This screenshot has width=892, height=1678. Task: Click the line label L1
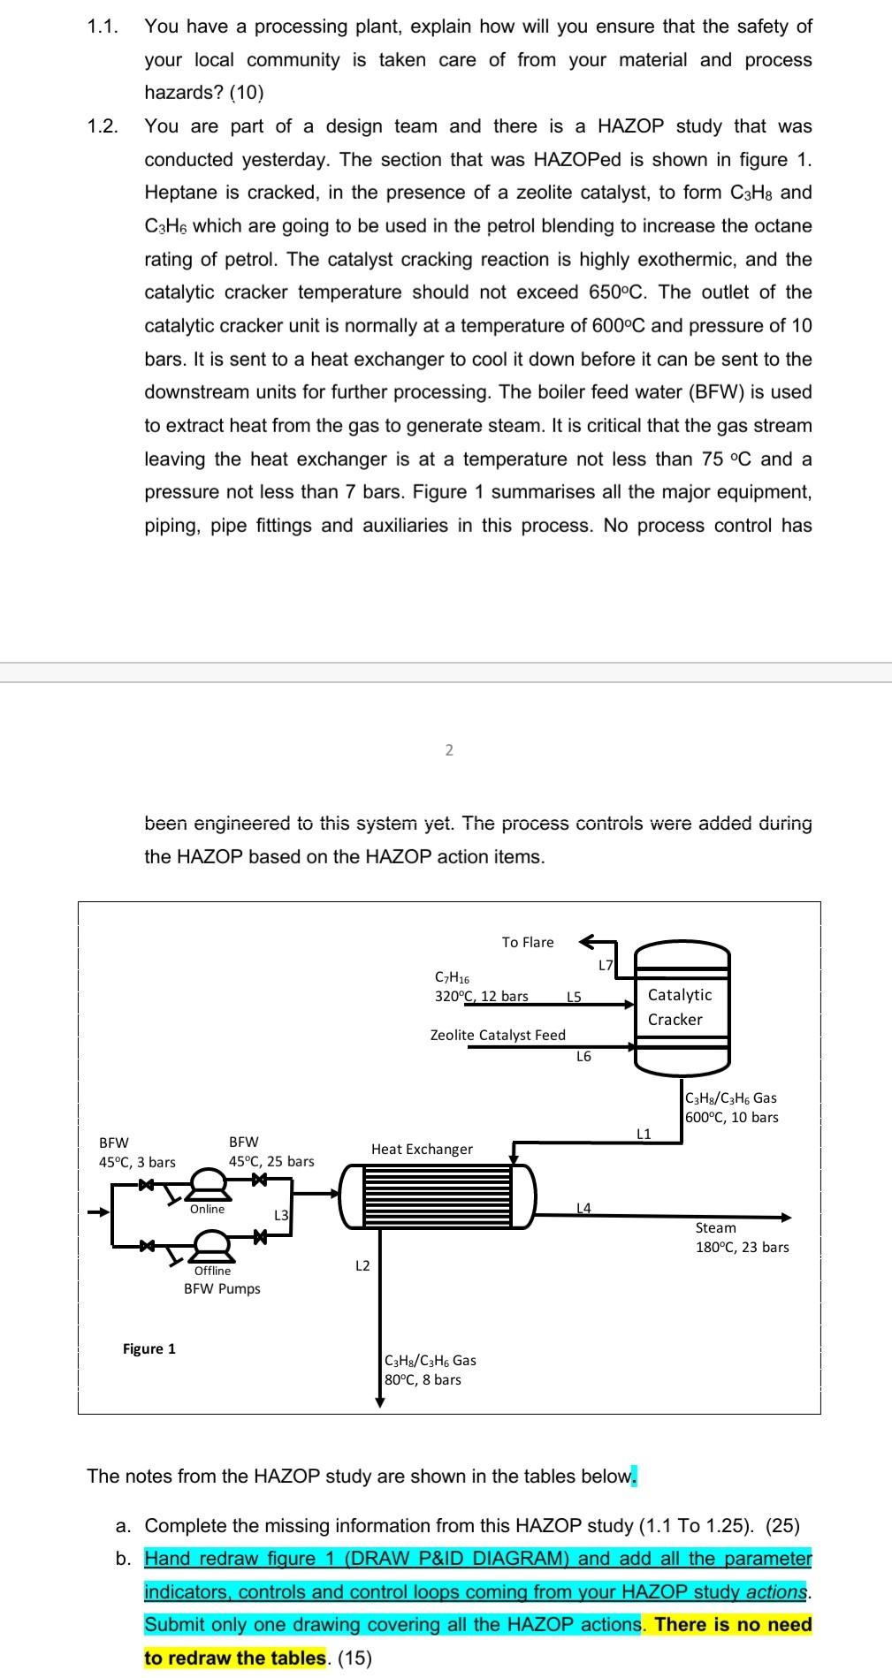[644, 1134]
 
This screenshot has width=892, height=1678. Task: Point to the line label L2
[362, 1265]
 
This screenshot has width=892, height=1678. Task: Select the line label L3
[281, 1215]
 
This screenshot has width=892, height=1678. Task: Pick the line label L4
[584, 1207]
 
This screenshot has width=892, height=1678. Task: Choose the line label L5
[574, 997]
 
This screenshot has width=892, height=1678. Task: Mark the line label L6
[583, 1056]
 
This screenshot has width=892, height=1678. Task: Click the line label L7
[606, 965]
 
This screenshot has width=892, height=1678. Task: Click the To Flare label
[528, 942]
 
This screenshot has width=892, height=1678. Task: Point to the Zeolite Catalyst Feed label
[498, 1035]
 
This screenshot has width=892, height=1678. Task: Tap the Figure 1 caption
[149, 1348]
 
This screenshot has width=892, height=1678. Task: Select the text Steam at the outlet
[715, 1227]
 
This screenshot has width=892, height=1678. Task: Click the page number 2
[449, 750]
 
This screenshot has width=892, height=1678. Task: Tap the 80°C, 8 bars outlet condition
[423, 1379]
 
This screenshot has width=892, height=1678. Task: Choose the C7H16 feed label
[453, 978]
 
